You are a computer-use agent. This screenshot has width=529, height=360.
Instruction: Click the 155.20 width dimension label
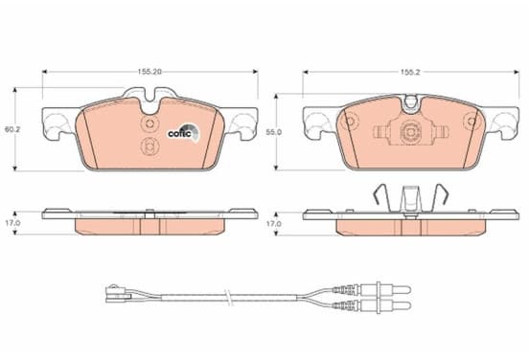149,72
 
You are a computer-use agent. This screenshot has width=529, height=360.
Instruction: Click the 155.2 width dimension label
410,72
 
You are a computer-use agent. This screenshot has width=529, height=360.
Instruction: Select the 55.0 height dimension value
274,132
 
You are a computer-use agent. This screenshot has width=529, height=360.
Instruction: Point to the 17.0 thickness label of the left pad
13,223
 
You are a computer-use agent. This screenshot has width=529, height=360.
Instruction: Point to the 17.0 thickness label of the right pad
274,223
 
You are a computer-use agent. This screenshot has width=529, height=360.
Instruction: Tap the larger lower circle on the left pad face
149,146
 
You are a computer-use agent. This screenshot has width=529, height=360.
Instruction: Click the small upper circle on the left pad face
149,124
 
